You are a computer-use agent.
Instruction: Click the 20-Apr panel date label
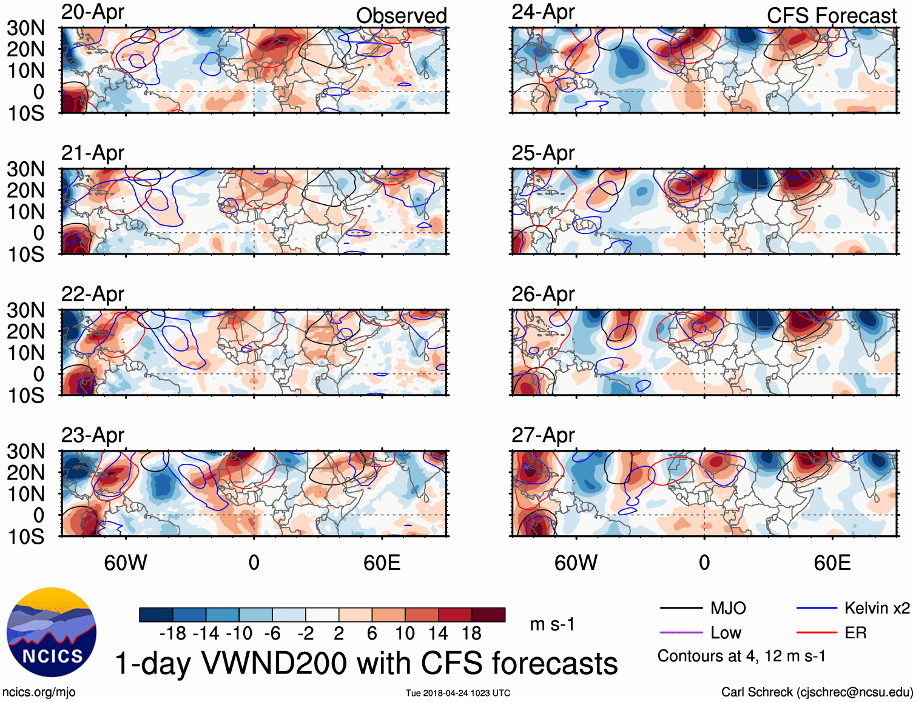pos(93,12)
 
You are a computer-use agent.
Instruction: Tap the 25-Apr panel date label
pos(543,153)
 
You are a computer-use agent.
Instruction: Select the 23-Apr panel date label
pos(93,435)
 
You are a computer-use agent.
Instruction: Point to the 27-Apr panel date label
pos(543,435)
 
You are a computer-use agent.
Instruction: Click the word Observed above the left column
pos(401,16)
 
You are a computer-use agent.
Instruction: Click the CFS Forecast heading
pos(831,16)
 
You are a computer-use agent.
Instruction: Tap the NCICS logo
pos(52,632)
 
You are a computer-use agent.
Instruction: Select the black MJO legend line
pos(681,608)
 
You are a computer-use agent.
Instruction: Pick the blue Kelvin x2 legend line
pos(817,608)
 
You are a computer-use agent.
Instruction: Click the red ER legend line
pos(817,633)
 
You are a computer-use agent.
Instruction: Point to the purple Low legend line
pos(681,633)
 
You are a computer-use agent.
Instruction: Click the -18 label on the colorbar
pos(172,633)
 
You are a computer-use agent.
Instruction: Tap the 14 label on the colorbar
pos(438,633)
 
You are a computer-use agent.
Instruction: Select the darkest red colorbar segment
pos(488,615)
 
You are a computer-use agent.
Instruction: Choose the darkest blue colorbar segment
pos(156,615)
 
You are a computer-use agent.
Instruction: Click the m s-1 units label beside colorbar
pos(552,624)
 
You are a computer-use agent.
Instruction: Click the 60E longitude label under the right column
pos(832,563)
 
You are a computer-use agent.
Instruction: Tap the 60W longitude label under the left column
pos(126,563)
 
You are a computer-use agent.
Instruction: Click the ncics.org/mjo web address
pos(39,692)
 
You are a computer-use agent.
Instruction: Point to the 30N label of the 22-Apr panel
pos(26,310)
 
